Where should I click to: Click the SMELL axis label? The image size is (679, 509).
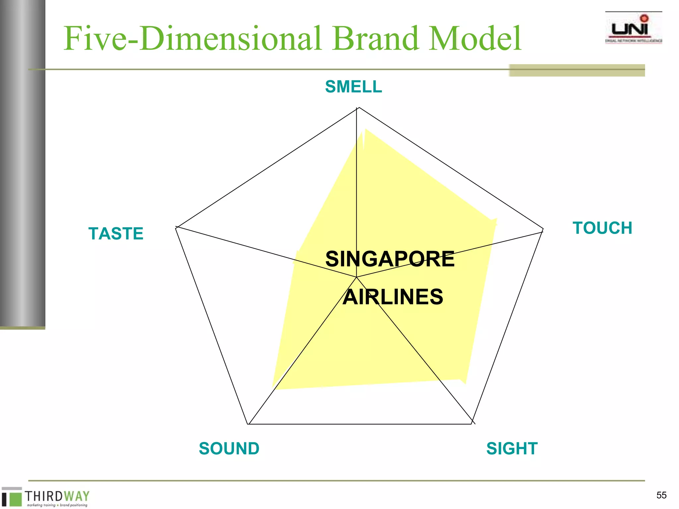[353, 87]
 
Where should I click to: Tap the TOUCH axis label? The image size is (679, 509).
[602, 228]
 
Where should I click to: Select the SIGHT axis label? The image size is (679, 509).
[512, 448]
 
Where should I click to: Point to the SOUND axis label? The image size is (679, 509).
[229, 448]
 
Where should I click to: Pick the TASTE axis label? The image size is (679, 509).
[116, 233]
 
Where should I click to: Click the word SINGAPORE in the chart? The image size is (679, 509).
[390, 259]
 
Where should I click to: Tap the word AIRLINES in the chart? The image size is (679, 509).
[393, 297]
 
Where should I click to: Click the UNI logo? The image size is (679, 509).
[633, 28]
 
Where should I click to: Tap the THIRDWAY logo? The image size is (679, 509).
[46, 497]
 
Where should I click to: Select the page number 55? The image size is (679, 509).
[661, 495]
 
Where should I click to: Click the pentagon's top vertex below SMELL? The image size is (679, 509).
[358, 108]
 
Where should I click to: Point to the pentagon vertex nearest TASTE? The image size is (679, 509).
[176, 227]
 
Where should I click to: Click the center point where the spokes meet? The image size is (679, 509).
[356, 277]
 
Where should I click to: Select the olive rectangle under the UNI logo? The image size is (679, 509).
[577, 70]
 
